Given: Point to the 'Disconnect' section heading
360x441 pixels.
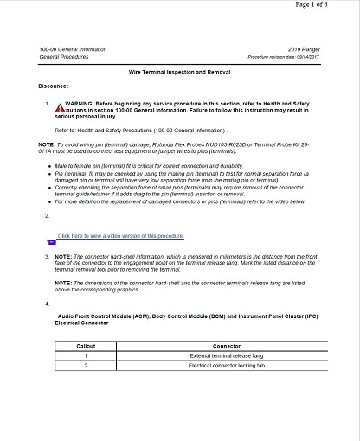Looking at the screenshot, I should click(55, 86).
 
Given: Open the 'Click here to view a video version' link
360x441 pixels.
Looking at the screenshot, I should click(120, 235).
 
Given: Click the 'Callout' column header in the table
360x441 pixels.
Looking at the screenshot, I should click(86, 345).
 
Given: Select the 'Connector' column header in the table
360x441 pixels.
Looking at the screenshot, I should click(226, 345).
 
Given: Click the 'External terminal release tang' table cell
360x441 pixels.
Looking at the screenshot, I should click(226, 355).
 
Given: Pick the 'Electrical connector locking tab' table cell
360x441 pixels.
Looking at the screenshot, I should click(226, 366).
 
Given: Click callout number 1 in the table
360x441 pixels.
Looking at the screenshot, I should click(86, 355).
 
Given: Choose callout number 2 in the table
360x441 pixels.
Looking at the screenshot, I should click(86, 366).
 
